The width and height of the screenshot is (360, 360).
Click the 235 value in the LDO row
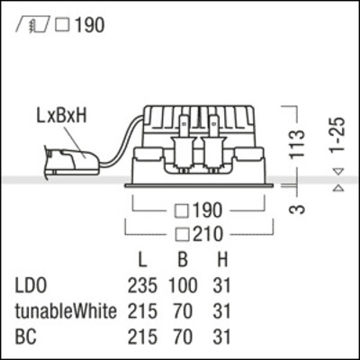pyautogui.click(x=142, y=288)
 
